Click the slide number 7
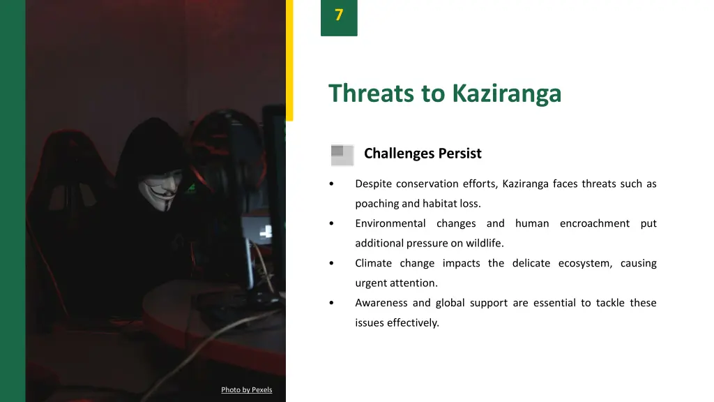(339, 15)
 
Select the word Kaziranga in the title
(506, 93)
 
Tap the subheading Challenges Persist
(423, 154)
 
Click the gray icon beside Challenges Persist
(342, 155)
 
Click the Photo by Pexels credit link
(247, 389)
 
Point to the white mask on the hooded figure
(160, 191)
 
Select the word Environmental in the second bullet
(390, 223)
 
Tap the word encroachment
(594, 223)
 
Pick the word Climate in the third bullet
(373, 263)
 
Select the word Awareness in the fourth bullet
(381, 303)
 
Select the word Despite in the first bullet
(373, 184)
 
